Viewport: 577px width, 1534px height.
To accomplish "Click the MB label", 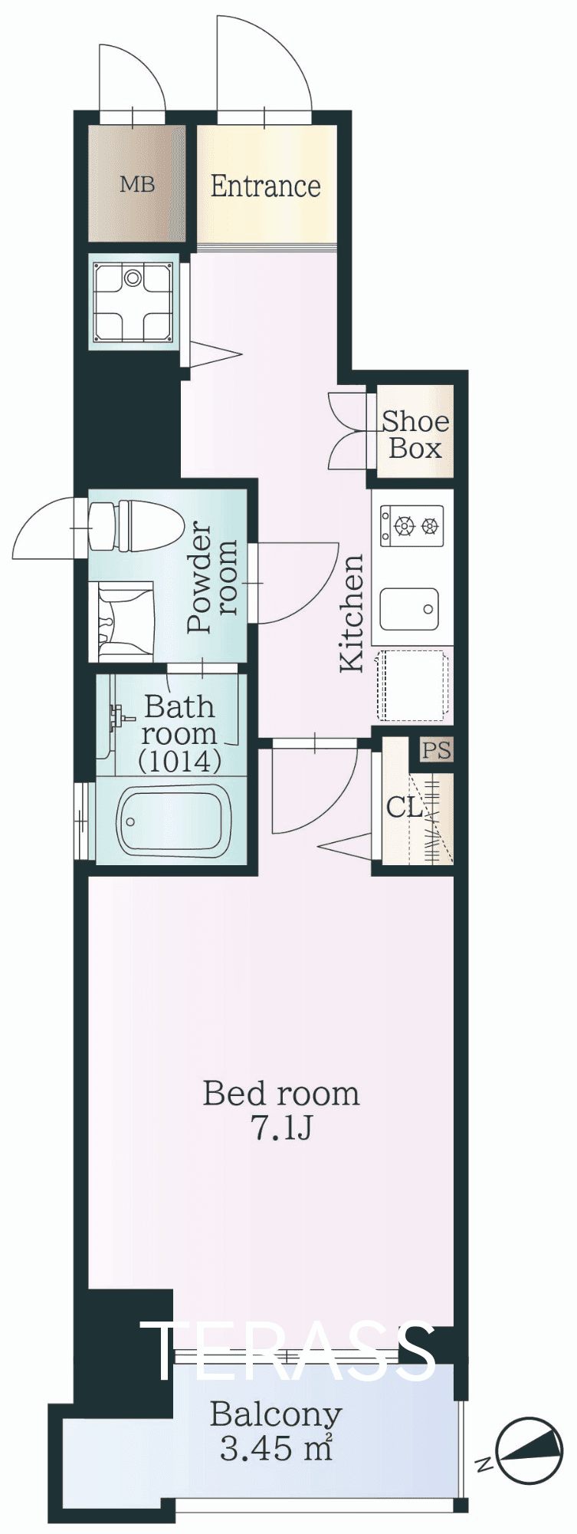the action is (x=137, y=184).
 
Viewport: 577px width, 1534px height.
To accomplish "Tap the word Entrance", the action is (x=266, y=186).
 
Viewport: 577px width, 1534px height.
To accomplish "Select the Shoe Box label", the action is (x=415, y=434).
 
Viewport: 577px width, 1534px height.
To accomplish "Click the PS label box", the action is (x=437, y=749).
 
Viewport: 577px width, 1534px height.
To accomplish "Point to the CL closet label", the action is (x=404, y=807).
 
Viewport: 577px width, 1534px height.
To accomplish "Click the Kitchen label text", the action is (x=352, y=614).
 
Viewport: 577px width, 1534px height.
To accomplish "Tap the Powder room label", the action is (x=212, y=577).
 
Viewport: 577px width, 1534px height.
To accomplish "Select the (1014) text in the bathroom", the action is (x=180, y=761).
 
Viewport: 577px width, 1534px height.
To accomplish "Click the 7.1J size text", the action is (x=281, y=1128).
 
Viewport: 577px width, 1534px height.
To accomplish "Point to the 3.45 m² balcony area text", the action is (x=276, y=1449).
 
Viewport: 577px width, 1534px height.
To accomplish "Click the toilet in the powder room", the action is (x=136, y=525).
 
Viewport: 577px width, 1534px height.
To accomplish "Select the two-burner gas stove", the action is (x=412, y=525).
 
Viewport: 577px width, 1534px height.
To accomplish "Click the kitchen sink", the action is (x=409, y=610).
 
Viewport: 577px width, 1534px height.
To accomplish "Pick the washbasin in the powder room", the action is (x=123, y=621).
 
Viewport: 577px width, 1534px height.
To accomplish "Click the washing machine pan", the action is (x=133, y=301).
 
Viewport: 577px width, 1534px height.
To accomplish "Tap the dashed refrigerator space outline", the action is (x=412, y=686).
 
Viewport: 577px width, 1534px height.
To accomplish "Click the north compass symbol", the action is (x=529, y=1449).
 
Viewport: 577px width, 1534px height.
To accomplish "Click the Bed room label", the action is (x=281, y=1094).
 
